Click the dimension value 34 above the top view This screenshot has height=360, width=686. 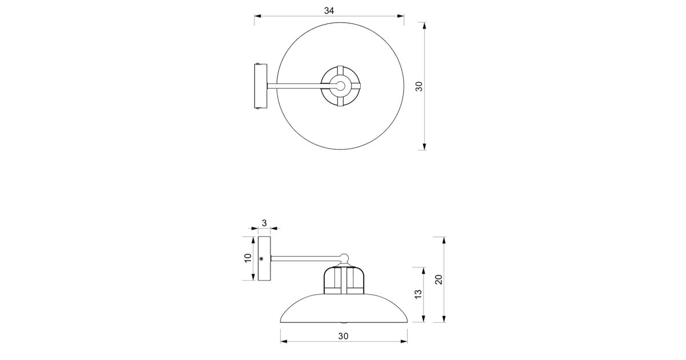pyautogui.click(x=329, y=11)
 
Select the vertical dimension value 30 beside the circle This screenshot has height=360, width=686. pyautogui.click(x=419, y=86)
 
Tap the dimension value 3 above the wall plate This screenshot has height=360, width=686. pyautogui.click(x=264, y=223)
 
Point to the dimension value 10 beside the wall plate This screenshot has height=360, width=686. pyautogui.click(x=248, y=258)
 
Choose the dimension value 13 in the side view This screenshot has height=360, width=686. pyautogui.click(x=418, y=294)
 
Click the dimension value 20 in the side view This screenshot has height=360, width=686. pyautogui.click(x=439, y=279)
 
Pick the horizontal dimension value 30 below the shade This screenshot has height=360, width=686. pyautogui.click(x=344, y=336)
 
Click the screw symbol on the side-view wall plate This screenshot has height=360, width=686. pyautogui.click(x=261, y=259)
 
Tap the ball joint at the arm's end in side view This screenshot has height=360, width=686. pyautogui.click(x=344, y=258)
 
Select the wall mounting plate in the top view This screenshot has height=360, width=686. pyautogui.click(x=261, y=86)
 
